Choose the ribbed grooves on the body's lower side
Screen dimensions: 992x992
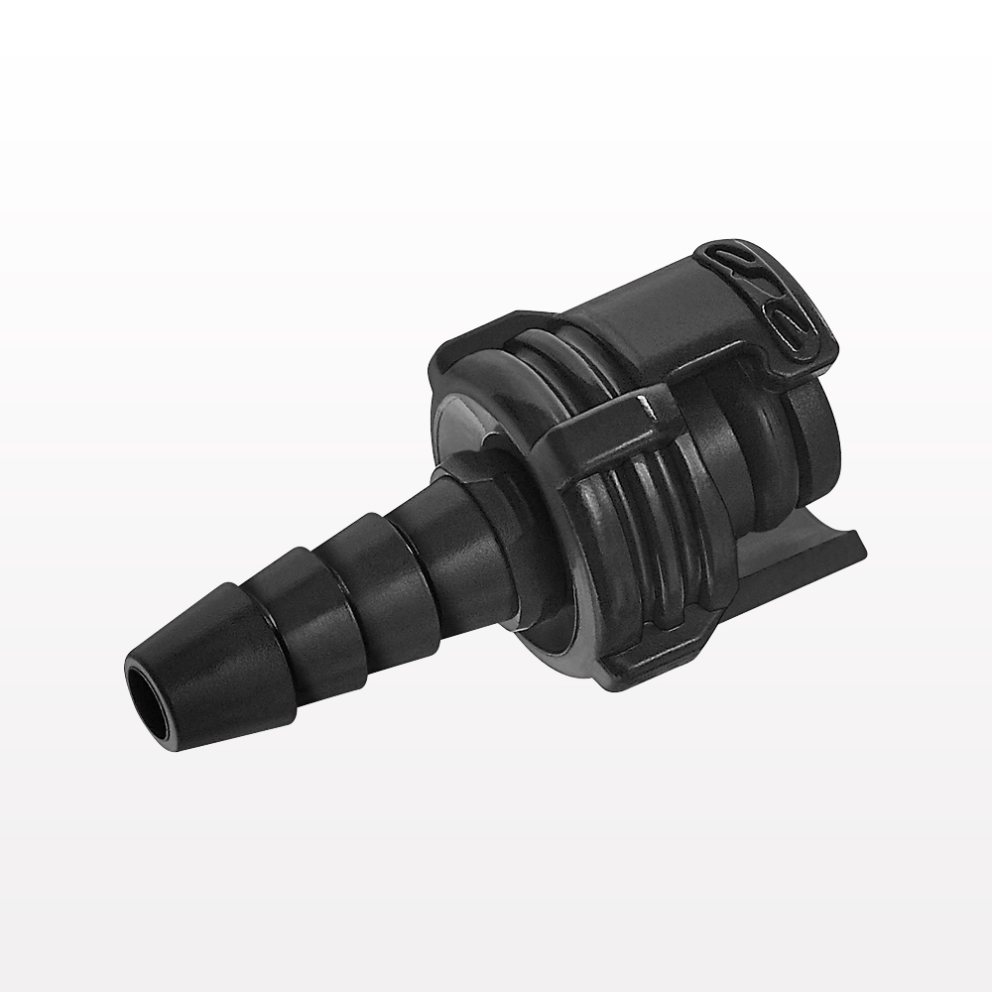click(635, 556)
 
